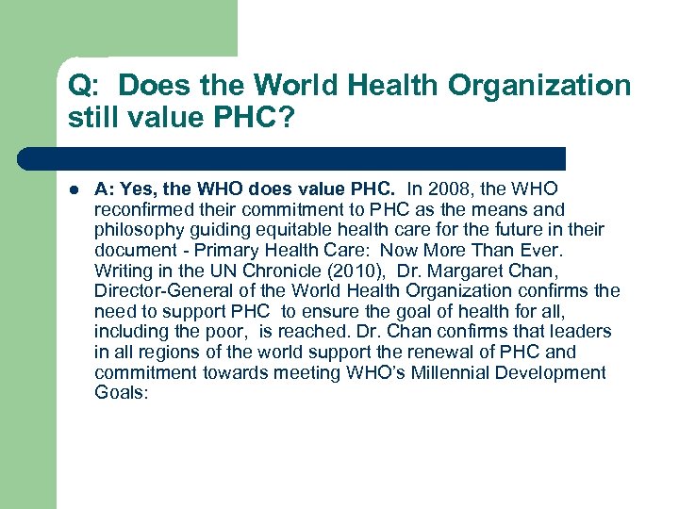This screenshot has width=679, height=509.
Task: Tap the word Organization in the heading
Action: click(539, 87)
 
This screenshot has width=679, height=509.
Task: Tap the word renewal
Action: click(419, 352)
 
